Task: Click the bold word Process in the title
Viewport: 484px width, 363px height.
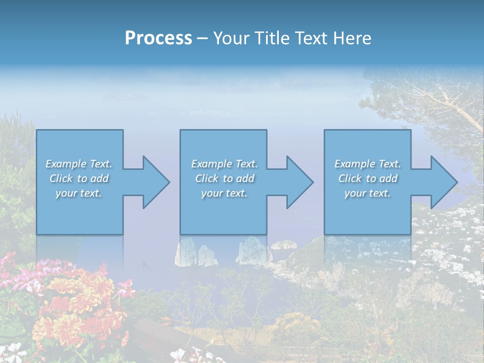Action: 158,38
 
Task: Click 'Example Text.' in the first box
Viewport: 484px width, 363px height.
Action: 79,164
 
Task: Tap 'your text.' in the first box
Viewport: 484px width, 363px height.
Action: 79,193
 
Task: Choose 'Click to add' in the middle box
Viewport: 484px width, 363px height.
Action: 224,178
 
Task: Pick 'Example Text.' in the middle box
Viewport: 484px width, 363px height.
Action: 224,164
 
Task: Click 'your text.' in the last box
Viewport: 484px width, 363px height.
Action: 368,193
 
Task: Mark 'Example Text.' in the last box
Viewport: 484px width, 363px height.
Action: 368,164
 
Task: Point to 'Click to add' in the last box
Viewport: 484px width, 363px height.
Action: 368,178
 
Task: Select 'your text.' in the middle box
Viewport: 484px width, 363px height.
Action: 224,193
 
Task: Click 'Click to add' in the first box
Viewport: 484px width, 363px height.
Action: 79,178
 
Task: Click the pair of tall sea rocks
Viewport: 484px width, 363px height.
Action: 196,254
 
